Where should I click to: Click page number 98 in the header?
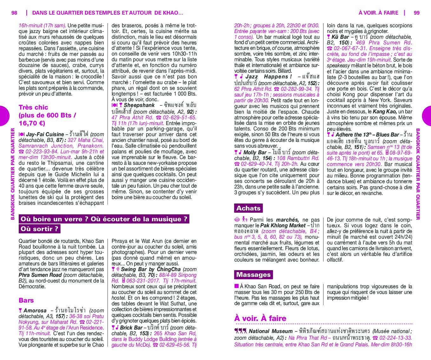(x=14, y=13)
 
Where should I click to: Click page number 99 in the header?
(x=416, y=13)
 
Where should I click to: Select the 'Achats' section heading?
(x=248, y=208)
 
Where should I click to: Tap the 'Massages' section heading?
(x=253, y=275)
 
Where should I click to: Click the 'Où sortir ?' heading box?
(x=39, y=229)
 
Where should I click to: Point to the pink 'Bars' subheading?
(x=26, y=300)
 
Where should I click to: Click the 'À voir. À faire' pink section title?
(x=260, y=318)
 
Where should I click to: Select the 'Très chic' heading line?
(x=33, y=107)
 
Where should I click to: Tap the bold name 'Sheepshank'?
(x=139, y=105)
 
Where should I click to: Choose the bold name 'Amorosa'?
(x=35, y=311)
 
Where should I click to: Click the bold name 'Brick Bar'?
(x=131, y=328)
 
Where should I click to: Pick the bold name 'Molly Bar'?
(x=255, y=153)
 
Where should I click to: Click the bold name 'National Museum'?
(x=271, y=331)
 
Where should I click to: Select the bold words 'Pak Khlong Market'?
(x=283, y=226)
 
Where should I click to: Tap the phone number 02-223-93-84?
(x=42, y=152)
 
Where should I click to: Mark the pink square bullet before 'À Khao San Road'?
(x=237, y=286)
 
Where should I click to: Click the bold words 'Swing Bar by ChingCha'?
(x=151, y=270)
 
